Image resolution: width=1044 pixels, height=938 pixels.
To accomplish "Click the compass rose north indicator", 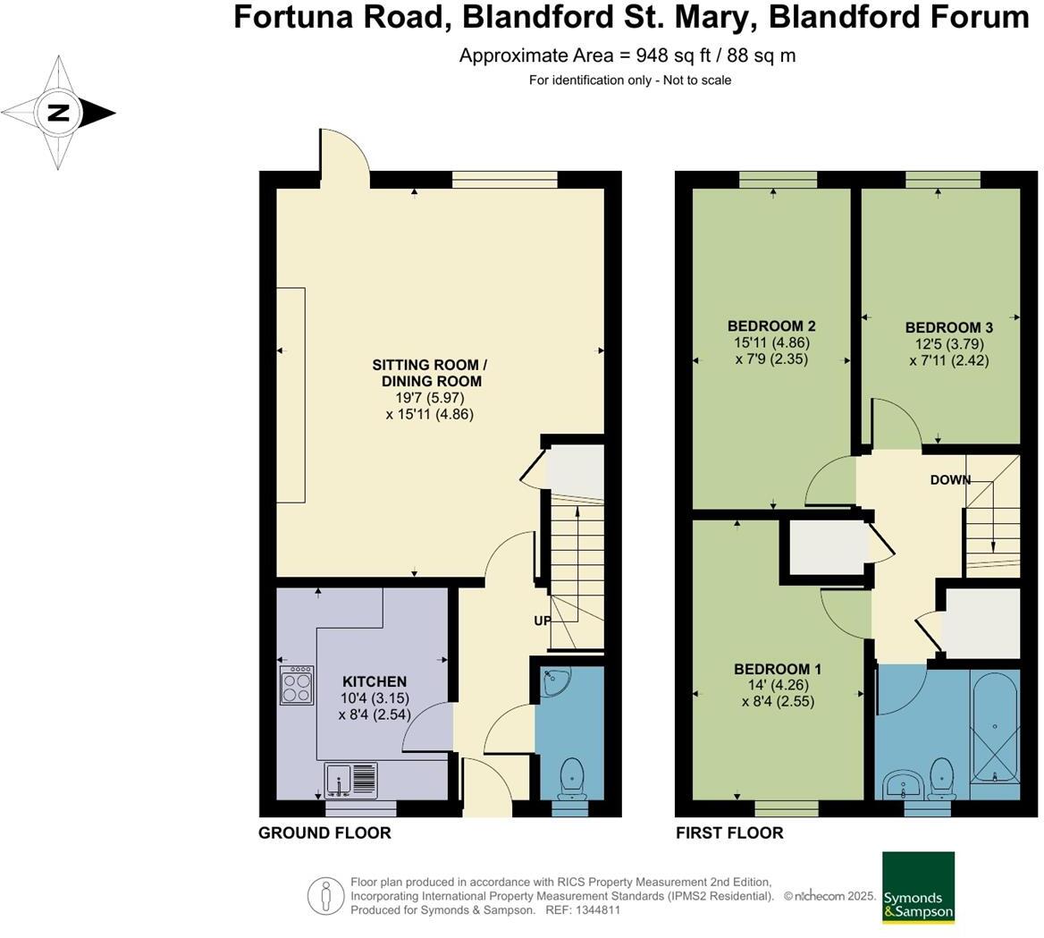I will (x=59, y=113).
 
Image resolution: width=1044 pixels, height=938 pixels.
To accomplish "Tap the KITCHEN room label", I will (x=375, y=681).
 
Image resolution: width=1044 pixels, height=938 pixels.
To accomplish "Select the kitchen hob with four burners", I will (x=297, y=685).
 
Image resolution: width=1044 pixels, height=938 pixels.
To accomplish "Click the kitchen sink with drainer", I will (x=351, y=780).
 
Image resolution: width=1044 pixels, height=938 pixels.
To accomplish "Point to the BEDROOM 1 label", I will (x=777, y=669).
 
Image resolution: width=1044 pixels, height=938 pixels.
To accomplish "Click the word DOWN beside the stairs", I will (x=949, y=480).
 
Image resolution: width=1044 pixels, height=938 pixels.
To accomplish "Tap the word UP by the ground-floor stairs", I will (x=542, y=621).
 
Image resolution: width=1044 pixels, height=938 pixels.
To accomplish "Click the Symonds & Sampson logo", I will (x=918, y=888).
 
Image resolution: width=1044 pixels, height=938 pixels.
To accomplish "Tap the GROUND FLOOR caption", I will (x=324, y=833).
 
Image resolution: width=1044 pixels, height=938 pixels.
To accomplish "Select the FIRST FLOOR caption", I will (x=729, y=833).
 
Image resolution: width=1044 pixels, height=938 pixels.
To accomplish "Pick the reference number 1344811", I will (x=595, y=910).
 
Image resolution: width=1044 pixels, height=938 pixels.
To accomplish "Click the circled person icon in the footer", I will (x=326, y=896).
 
